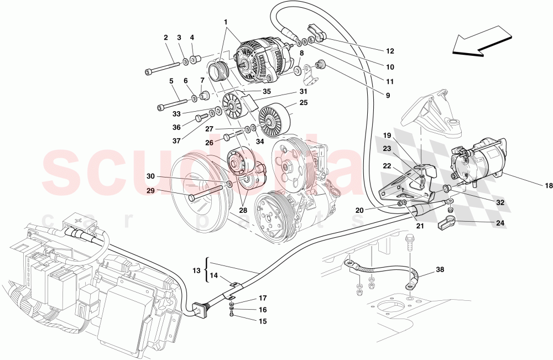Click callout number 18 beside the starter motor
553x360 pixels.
(x=548, y=186)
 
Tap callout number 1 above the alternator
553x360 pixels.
(x=226, y=22)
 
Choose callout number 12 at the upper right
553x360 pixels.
(x=390, y=51)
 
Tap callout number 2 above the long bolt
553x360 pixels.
(x=165, y=38)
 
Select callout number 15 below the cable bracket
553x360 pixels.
(x=263, y=321)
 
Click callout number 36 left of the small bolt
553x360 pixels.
(x=176, y=127)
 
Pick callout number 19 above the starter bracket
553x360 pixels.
(x=386, y=135)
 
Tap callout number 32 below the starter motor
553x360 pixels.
(x=500, y=202)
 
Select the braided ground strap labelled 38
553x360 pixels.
(x=382, y=271)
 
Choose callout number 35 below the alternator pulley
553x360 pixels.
(x=267, y=92)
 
